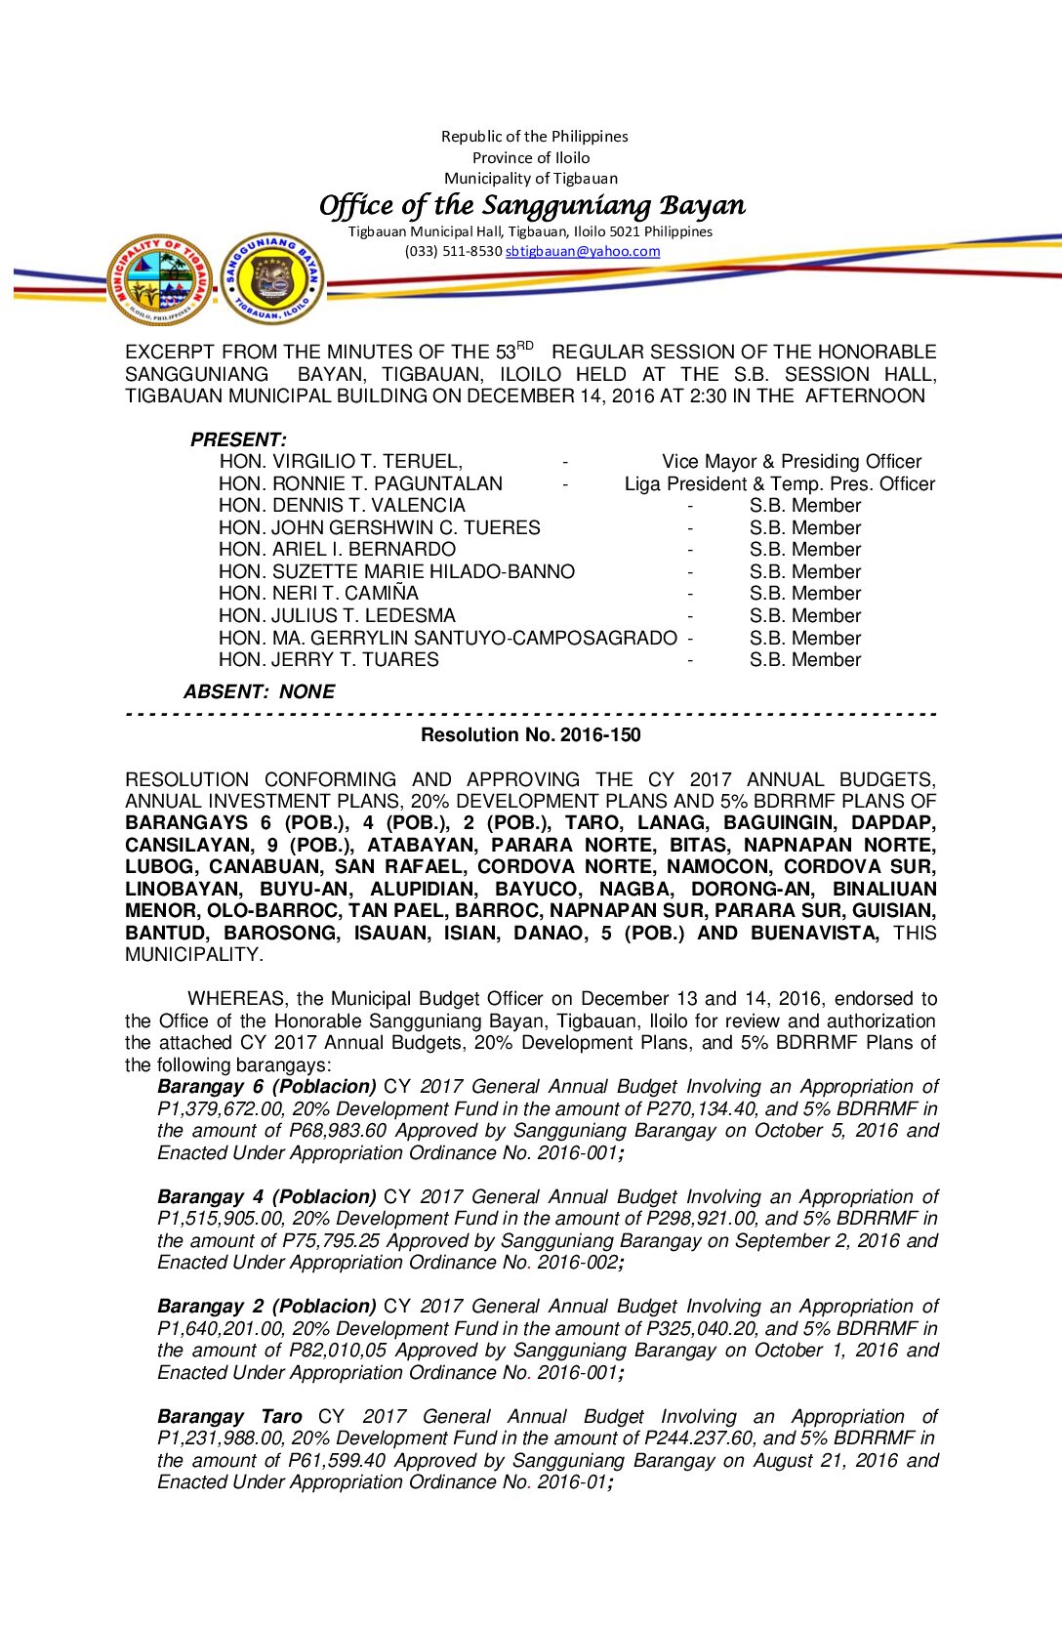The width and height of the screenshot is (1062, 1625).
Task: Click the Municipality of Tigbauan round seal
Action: [159, 279]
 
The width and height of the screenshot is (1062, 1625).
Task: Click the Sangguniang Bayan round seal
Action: [271, 279]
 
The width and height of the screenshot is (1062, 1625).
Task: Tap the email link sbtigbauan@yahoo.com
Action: [583, 252]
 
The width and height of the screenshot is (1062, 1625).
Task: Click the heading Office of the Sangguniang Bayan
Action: [532, 205]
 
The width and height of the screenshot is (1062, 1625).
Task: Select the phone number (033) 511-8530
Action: [453, 252]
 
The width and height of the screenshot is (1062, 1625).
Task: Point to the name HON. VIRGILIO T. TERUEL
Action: [341, 462]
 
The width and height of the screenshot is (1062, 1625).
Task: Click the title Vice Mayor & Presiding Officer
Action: [792, 462]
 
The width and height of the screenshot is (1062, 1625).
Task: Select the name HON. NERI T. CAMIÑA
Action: [318, 594]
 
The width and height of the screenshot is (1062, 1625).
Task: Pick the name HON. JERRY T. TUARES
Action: [329, 660]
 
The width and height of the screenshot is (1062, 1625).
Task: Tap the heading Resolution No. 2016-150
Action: [531, 735]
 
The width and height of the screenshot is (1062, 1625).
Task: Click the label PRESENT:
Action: [238, 439]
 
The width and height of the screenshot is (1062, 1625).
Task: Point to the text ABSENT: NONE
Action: [259, 692]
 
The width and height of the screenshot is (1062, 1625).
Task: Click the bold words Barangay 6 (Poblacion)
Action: [266, 1087]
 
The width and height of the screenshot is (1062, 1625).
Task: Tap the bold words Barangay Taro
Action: [229, 1417]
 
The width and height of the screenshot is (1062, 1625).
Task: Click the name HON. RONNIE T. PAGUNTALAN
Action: [361, 484]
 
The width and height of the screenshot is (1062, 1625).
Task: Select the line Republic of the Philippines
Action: [534, 137]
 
